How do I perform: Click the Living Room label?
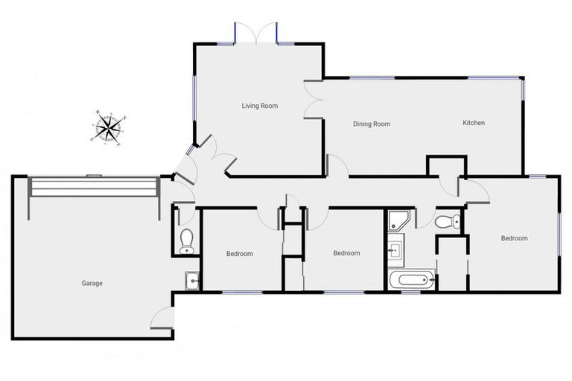pos(259,106)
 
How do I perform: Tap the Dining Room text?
pos(372,124)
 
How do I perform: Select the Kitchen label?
pos(474,123)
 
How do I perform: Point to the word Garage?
pos(92,283)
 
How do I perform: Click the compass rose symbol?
pos(108,128)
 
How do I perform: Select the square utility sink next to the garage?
pos(191,281)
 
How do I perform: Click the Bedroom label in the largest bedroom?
pos(514,238)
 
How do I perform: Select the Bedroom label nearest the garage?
pos(239,254)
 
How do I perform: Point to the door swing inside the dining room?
pos(337,167)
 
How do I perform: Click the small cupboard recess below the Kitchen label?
pos(446,165)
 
